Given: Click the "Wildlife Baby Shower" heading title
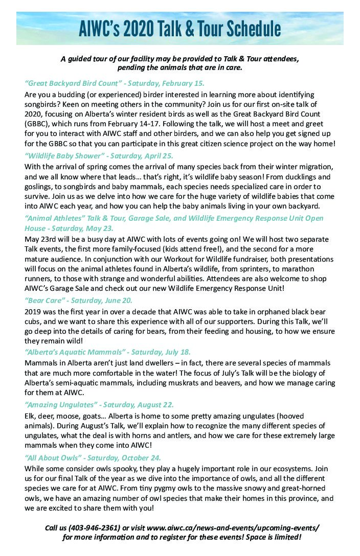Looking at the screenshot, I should click(58, 155).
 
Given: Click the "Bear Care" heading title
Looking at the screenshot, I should click(43, 300).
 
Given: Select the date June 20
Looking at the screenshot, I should click(119, 300).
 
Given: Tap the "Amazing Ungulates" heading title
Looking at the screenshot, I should click(58, 404).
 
